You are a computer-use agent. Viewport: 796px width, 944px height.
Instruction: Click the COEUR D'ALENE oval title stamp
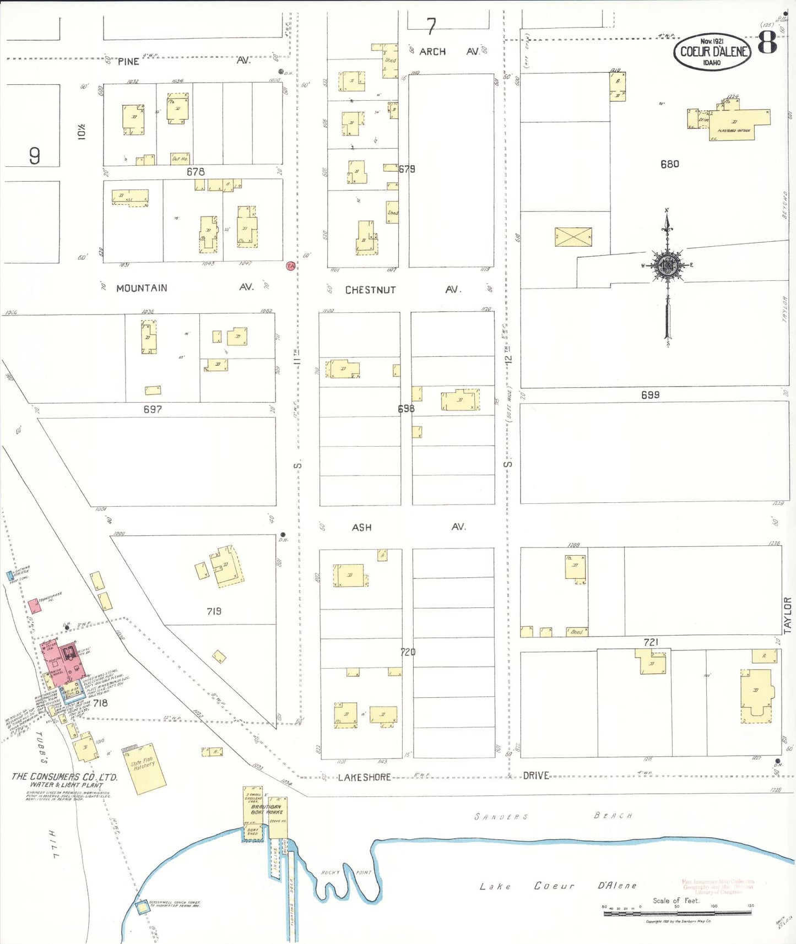point(712,52)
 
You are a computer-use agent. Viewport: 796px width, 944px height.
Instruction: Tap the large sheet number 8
point(767,42)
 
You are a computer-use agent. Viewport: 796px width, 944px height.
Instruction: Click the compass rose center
point(668,265)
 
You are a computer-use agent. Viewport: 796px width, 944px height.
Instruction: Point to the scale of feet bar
point(677,913)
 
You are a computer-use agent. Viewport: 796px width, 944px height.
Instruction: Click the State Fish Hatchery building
point(146,769)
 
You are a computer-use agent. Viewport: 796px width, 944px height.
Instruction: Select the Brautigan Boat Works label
point(267,809)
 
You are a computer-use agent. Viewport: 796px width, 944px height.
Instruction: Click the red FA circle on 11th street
point(290,266)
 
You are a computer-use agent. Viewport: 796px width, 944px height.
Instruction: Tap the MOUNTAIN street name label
point(142,288)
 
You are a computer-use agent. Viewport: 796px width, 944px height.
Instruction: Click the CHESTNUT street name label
point(370,290)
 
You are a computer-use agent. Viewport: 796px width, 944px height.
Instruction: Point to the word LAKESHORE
point(364,777)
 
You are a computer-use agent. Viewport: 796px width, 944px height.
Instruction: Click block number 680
point(669,164)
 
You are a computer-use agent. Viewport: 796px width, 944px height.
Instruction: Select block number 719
point(214,611)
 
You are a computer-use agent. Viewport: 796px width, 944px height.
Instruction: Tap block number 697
point(153,409)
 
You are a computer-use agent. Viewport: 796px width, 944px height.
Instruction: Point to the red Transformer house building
point(34,605)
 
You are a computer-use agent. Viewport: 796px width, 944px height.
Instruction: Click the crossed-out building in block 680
point(573,237)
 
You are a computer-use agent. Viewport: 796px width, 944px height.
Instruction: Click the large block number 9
point(34,156)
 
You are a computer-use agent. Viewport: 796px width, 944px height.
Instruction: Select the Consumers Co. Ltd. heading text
point(64,777)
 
